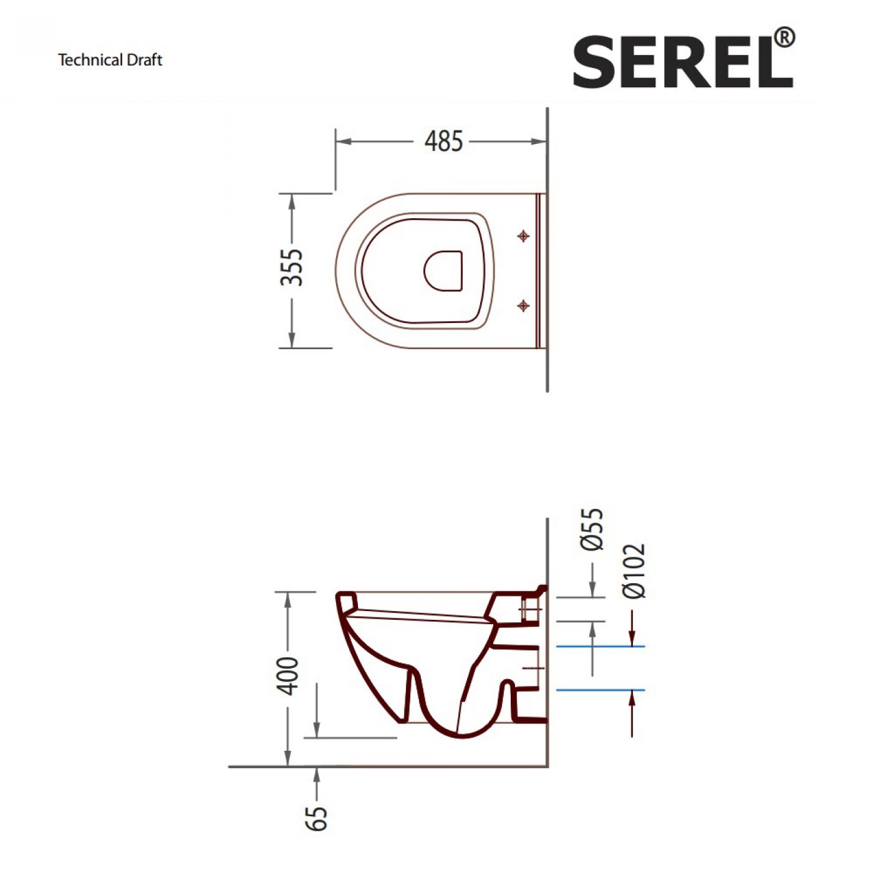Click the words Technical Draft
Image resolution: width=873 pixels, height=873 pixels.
coord(110,60)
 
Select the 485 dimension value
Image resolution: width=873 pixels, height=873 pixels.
coord(443,141)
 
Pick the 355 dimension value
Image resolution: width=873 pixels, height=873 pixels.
coord(291,268)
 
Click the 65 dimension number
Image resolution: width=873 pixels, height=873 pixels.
coord(316,819)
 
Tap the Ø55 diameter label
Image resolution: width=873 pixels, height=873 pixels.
coord(592,529)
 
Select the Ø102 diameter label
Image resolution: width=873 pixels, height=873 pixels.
coord(634,571)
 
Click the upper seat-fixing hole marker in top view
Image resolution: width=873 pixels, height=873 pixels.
coord(523,236)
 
